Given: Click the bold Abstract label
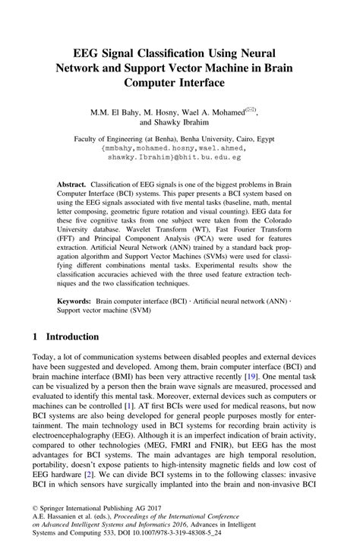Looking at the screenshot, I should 72,185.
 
